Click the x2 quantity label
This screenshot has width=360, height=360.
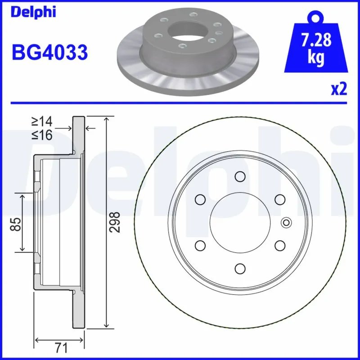click(339, 89)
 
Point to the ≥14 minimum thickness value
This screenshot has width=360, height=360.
click(42, 121)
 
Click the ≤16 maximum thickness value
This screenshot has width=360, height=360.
click(42, 135)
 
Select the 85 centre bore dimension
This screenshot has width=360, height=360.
click(15, 223)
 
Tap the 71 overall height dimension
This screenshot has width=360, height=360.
click(61, 347)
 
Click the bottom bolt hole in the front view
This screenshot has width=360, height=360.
click(239, 268)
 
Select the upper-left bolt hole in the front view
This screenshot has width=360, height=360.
click(199, 199)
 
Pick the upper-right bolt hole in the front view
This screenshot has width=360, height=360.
click(279, 199)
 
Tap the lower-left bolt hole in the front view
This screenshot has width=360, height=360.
click(199, 245)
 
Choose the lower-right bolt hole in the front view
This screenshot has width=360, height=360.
click(279, 245)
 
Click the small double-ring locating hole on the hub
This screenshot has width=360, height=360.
click(286, 222)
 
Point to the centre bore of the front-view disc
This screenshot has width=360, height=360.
click(239, 222)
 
